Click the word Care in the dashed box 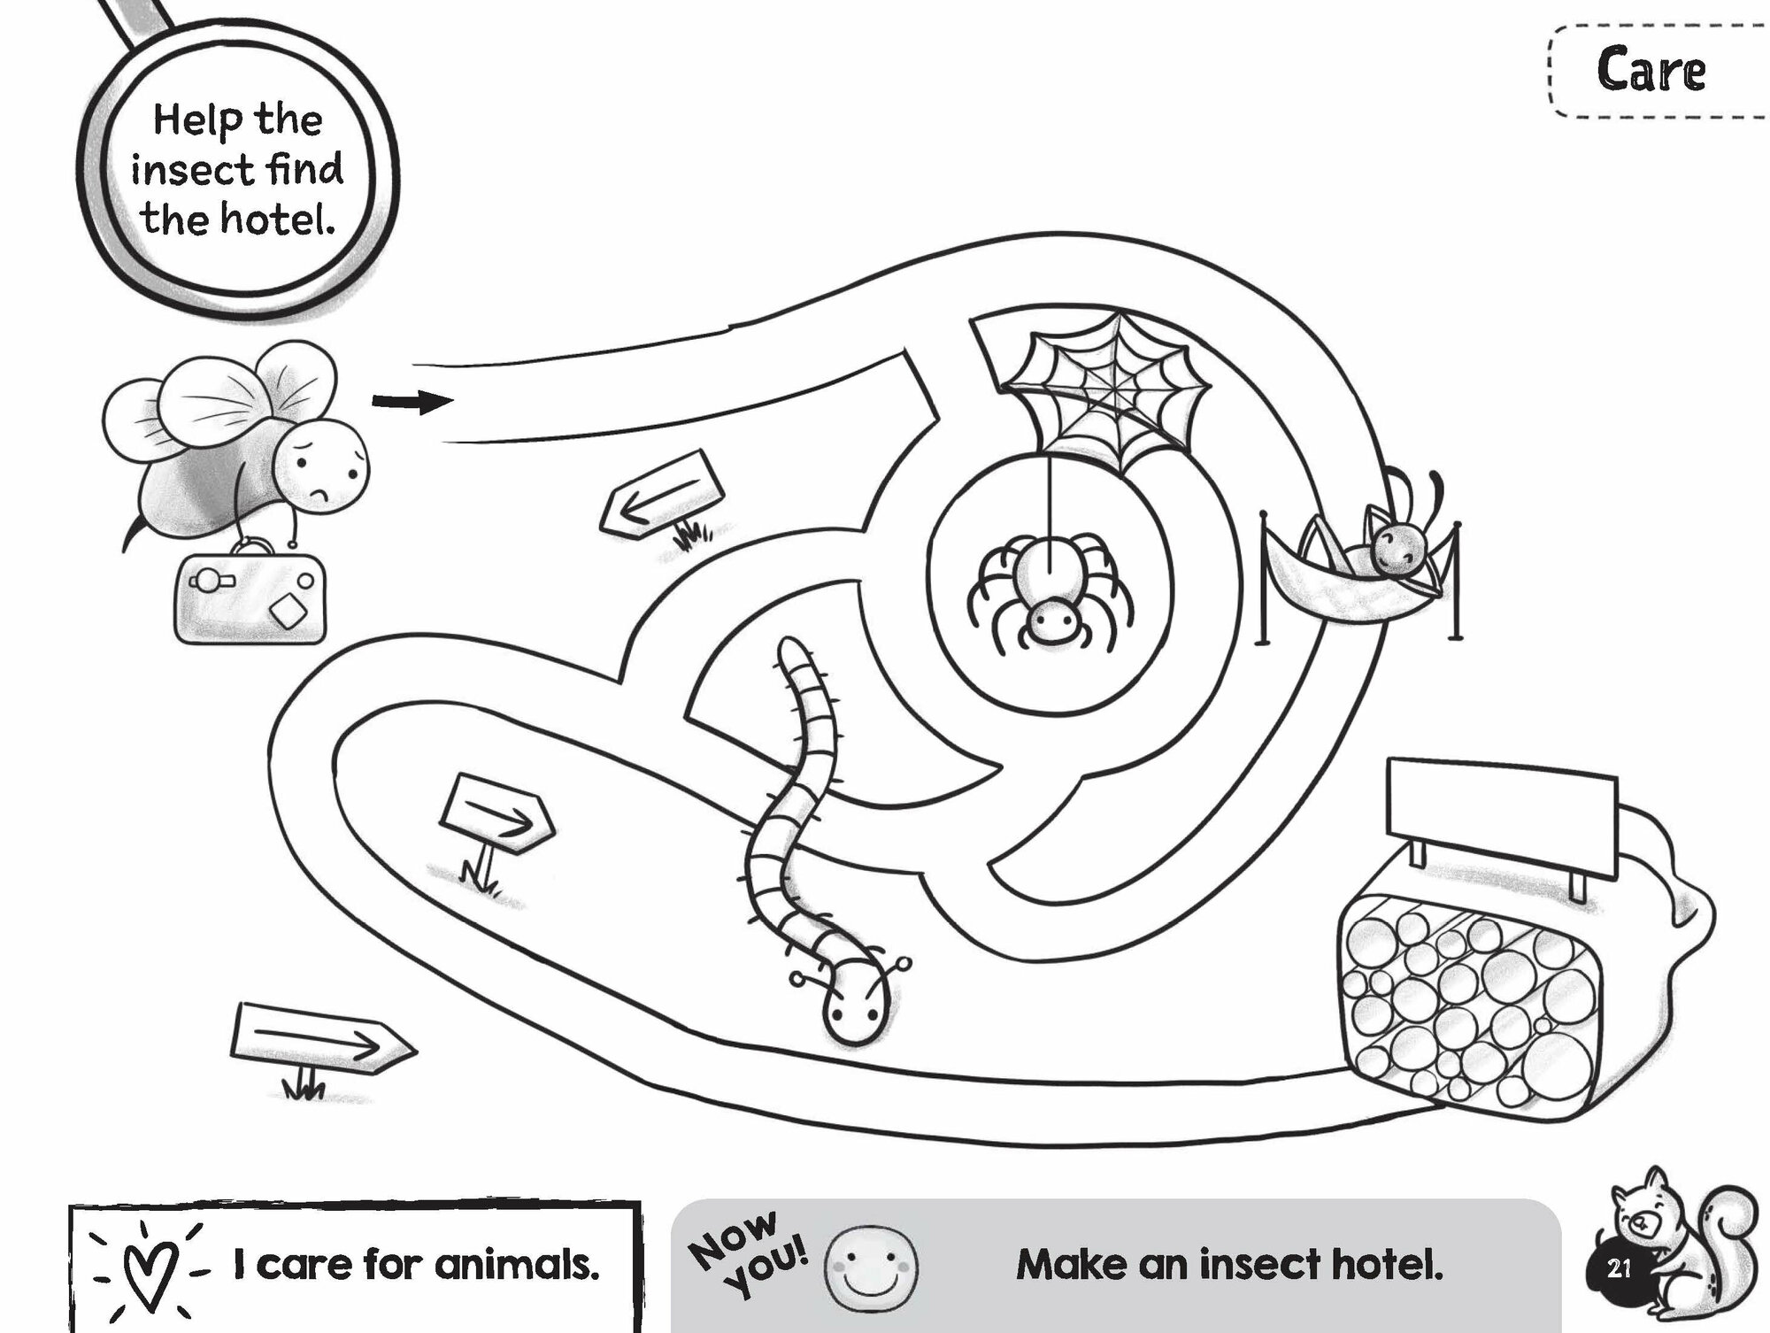point(1651,71)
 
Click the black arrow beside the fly point(412,403)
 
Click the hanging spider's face point(1052,625)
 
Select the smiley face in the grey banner point(871,1268)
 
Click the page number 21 point(1618,1268)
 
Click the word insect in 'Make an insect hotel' point(1256,1264)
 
